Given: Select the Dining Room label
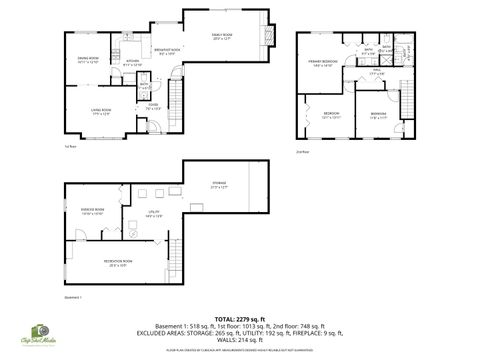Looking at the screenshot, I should point(87,61).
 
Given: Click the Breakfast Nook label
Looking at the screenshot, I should point(166,51).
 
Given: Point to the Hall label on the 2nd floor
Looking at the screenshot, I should point(376,72).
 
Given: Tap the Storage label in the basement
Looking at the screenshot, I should point(217,183).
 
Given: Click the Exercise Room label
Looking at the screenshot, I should point(93,210).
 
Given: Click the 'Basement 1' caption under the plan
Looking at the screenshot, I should point(72,297).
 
